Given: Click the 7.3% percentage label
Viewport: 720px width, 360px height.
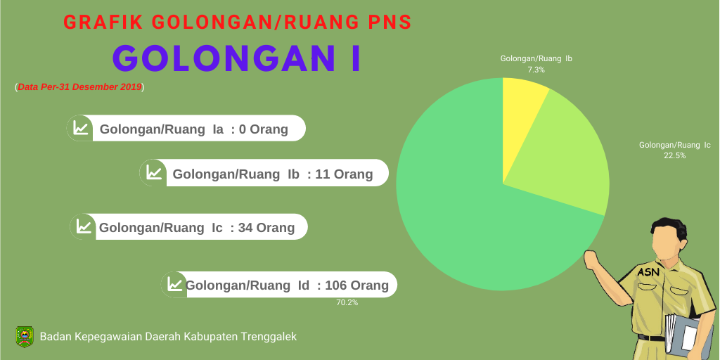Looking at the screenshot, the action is click(x=536, y=70).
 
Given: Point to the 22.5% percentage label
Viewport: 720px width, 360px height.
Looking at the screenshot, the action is click(x=674, y=155).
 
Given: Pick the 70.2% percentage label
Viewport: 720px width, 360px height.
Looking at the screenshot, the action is click(x=347, y=302).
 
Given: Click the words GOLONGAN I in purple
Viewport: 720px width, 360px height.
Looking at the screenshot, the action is click(x=237, y=59).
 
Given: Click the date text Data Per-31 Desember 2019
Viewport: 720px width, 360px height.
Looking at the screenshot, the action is click(x=79, y=86).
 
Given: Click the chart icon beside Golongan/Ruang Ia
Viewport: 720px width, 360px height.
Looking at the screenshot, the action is click(x=80, y=128).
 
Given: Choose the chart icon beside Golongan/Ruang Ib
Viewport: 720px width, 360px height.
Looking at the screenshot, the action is click(x=154, y=173).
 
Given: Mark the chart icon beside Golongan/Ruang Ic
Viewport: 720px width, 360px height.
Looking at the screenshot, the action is click(x=84, y=226).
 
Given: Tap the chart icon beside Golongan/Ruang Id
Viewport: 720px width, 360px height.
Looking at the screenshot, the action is click(x=174, y=284).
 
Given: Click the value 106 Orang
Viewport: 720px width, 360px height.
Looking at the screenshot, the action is click(x=356, y=285).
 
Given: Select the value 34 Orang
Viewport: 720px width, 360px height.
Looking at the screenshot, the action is click(x=266, y=227).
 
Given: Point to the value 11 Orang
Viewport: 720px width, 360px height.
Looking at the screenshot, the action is click(x=344, y=174).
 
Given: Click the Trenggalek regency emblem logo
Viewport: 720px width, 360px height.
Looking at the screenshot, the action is click(x=25, y=337).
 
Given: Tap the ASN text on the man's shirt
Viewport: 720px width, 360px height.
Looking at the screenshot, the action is click(x=648, y=272).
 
